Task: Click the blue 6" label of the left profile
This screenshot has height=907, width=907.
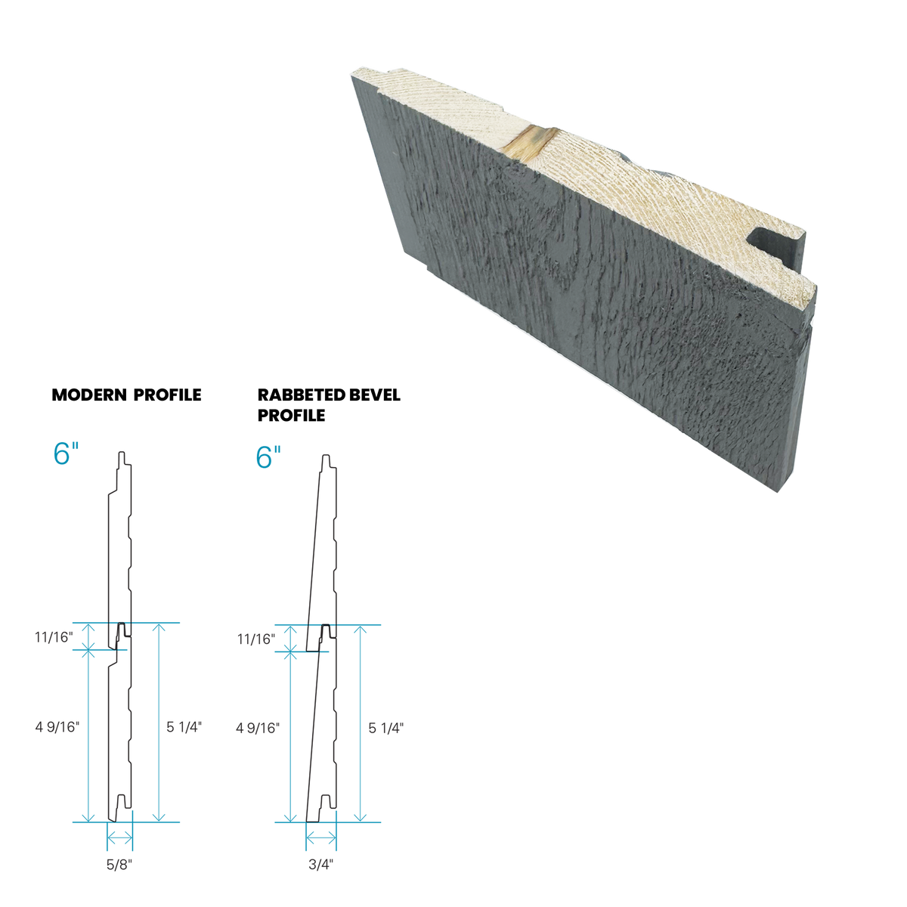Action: pos(66,453)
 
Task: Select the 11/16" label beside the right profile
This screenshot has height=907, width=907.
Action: pos(255,639)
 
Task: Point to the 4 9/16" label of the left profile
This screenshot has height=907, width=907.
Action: pos(56,728)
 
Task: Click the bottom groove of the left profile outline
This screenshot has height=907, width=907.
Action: pos(120,801)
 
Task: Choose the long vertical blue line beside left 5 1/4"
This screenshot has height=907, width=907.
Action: pos(158,722)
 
